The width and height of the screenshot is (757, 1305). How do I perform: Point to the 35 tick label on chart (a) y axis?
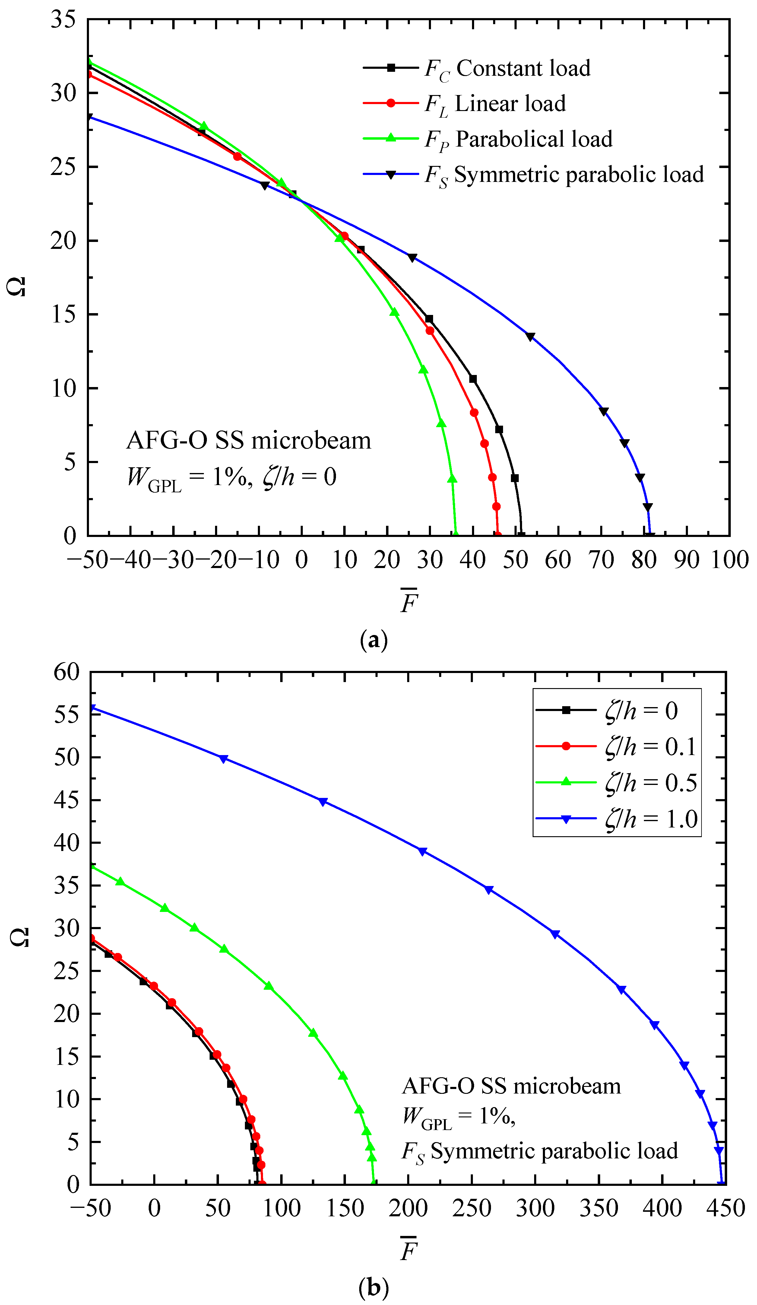click(x=63, y=20)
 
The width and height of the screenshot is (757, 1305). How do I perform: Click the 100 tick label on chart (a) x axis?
click(x=729, y=560)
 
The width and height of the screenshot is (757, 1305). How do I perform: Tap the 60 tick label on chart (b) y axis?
click(x=66, y=672)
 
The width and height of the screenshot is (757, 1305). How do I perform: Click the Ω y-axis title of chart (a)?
click(x=17, y=286)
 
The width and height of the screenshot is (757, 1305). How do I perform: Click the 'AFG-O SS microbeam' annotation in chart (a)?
click(x=249, y=441)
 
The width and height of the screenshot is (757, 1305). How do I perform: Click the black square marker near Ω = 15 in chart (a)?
click(x=429, y=319)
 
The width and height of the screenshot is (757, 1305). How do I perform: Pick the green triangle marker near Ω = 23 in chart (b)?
click(x=268, y=986)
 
